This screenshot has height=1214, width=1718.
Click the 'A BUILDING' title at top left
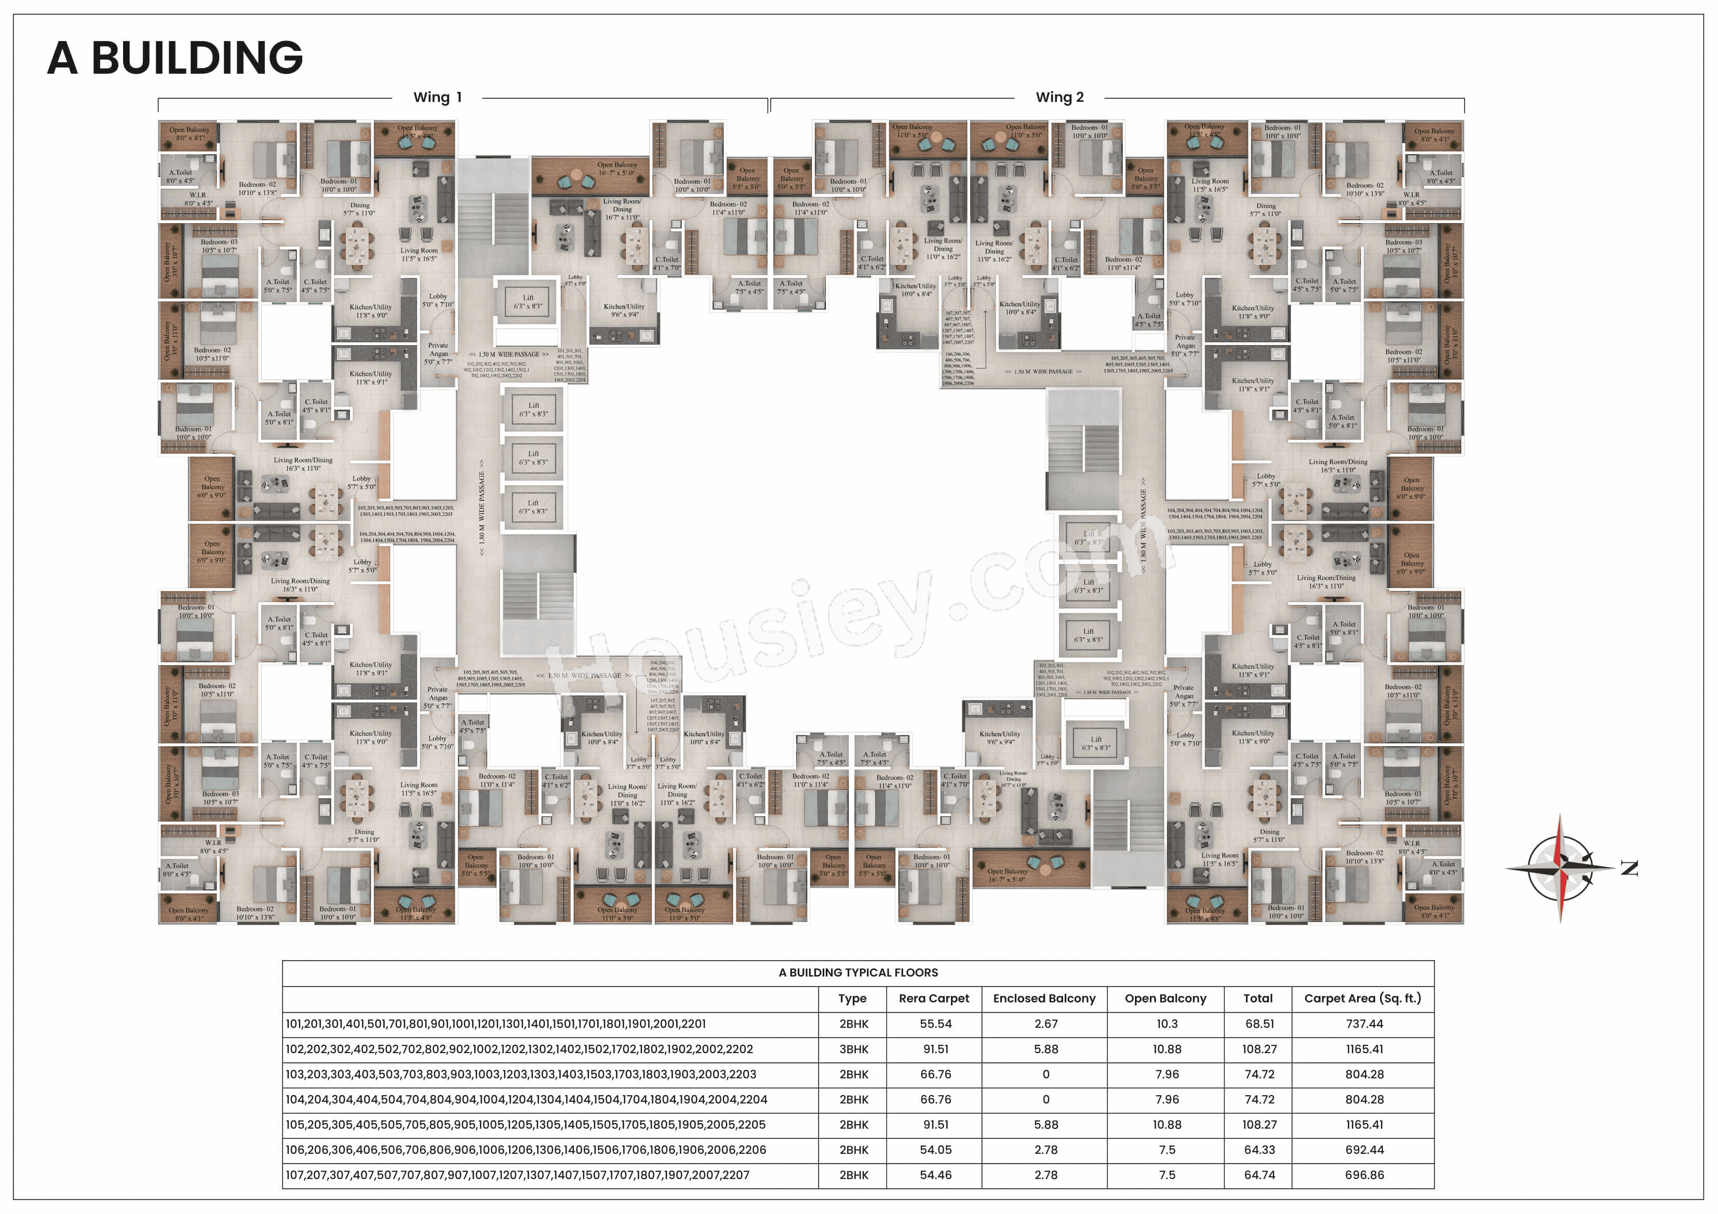point(175,58)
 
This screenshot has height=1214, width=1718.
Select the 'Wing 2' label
point(1059,97)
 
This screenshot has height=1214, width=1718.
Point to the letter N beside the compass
point(1629,868)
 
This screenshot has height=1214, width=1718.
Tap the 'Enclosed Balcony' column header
point(1044,998)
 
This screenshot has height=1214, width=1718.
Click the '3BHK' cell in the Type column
point(853,1049)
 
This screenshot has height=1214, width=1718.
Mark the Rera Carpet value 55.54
point(935,1024)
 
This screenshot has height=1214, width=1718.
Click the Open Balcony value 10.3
point(1166,1024)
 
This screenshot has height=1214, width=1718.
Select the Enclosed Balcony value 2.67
point(1045,1024)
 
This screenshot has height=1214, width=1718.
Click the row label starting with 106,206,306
point(525,1150)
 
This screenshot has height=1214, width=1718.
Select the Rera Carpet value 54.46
point(935,1175)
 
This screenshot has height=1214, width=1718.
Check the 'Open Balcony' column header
point(1165,998)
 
